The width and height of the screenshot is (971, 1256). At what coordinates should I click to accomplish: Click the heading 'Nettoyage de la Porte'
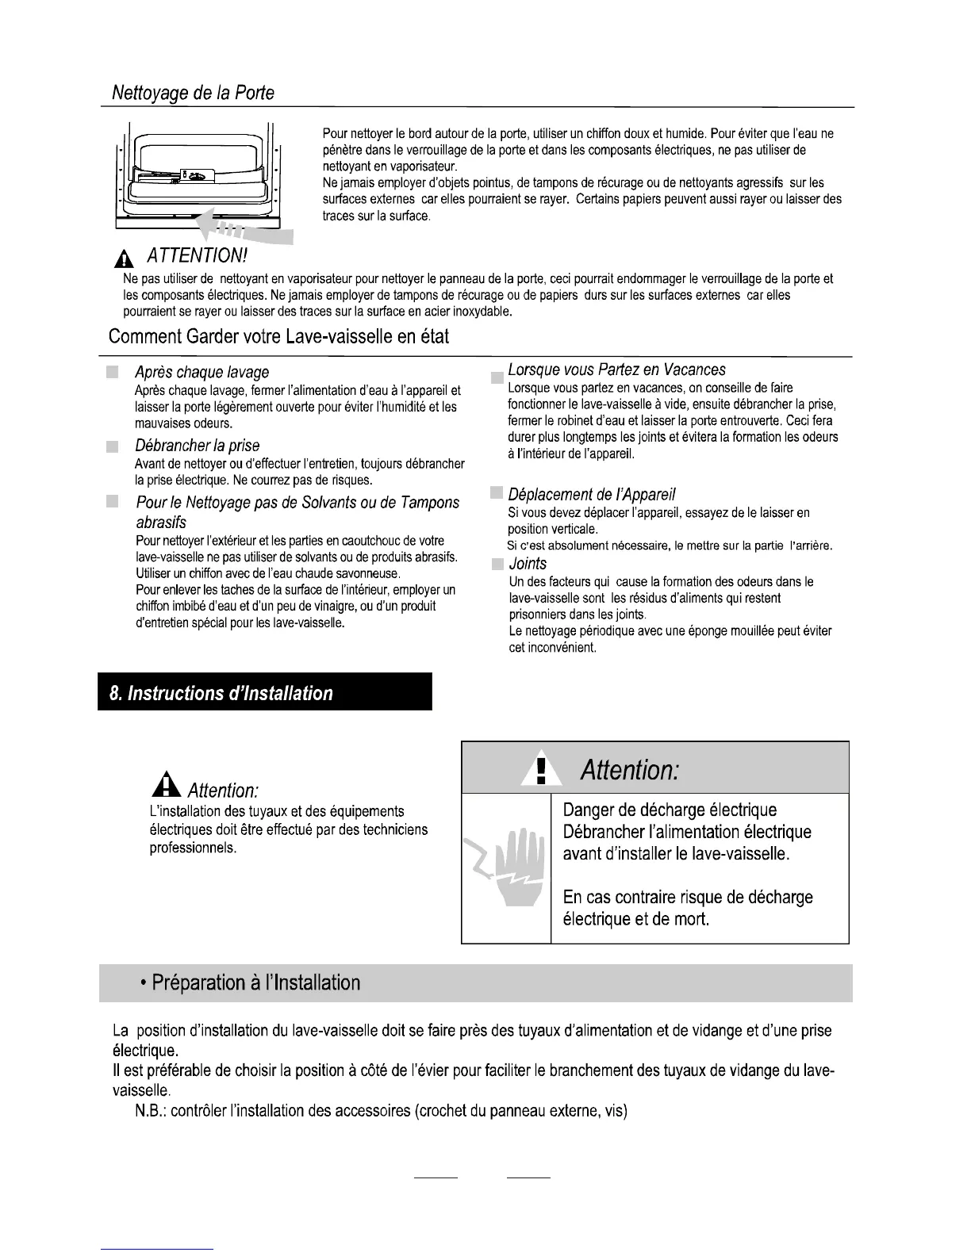[x=193, y=94]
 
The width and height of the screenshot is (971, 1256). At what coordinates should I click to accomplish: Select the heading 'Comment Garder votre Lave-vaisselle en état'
[x=278, y=336]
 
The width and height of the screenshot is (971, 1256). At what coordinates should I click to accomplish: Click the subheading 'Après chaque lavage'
[x=202, y=372]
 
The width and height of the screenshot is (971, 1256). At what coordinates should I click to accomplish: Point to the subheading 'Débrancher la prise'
[x=198, y=446]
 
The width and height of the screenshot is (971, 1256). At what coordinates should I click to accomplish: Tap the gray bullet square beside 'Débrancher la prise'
[x=113, y=446]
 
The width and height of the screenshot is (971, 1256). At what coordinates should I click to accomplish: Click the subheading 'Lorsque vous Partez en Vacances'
[x=616, y=370]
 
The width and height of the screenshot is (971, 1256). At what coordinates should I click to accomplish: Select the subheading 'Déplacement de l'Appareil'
[x=592, y=495]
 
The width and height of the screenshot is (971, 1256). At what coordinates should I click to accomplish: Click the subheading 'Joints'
[x=528, y=564]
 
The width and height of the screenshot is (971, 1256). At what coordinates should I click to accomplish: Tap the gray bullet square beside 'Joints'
[x=497, y=565]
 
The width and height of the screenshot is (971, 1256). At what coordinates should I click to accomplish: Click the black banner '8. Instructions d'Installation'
[x=265, y=692]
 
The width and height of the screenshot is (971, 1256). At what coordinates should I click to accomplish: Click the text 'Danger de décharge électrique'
[x=670, y=810]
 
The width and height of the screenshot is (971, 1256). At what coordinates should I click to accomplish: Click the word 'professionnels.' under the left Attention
[x=193, y=848]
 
